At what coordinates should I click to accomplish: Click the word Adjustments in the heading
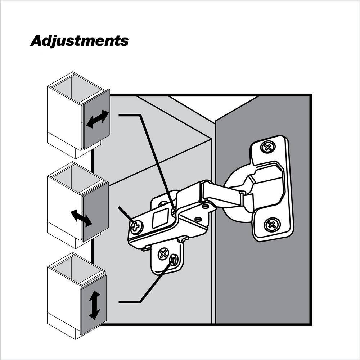pos(79,41)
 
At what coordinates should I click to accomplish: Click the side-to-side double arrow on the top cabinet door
pos(98,119)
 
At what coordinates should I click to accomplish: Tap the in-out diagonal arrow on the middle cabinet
pos(81,218)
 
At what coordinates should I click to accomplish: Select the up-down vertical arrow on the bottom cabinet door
pos(94,305)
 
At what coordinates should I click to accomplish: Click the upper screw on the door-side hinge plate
pos(267,147)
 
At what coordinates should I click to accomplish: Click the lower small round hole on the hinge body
pos(198,219)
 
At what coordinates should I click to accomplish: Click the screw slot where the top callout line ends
pos(174,211)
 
